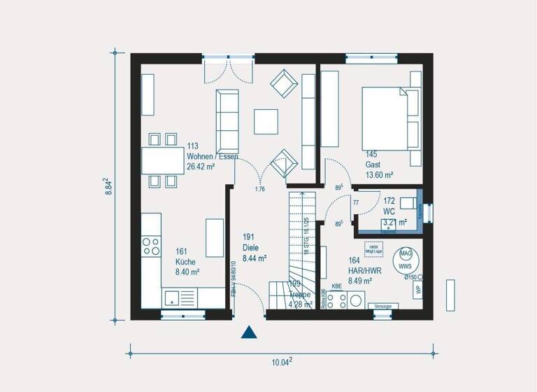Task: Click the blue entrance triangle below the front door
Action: pos(249,332)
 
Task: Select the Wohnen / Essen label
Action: pos(212,157)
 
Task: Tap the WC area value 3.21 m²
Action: pos(395,223)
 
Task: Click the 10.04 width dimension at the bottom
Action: pos(280,362)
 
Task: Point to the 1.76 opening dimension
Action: pos(260,189)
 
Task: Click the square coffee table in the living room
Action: pos(266,121)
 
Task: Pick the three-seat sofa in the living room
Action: pos(228,120)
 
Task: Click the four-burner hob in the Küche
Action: pos(151,246)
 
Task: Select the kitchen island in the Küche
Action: pos(215,238)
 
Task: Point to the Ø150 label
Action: pos(410,277)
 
